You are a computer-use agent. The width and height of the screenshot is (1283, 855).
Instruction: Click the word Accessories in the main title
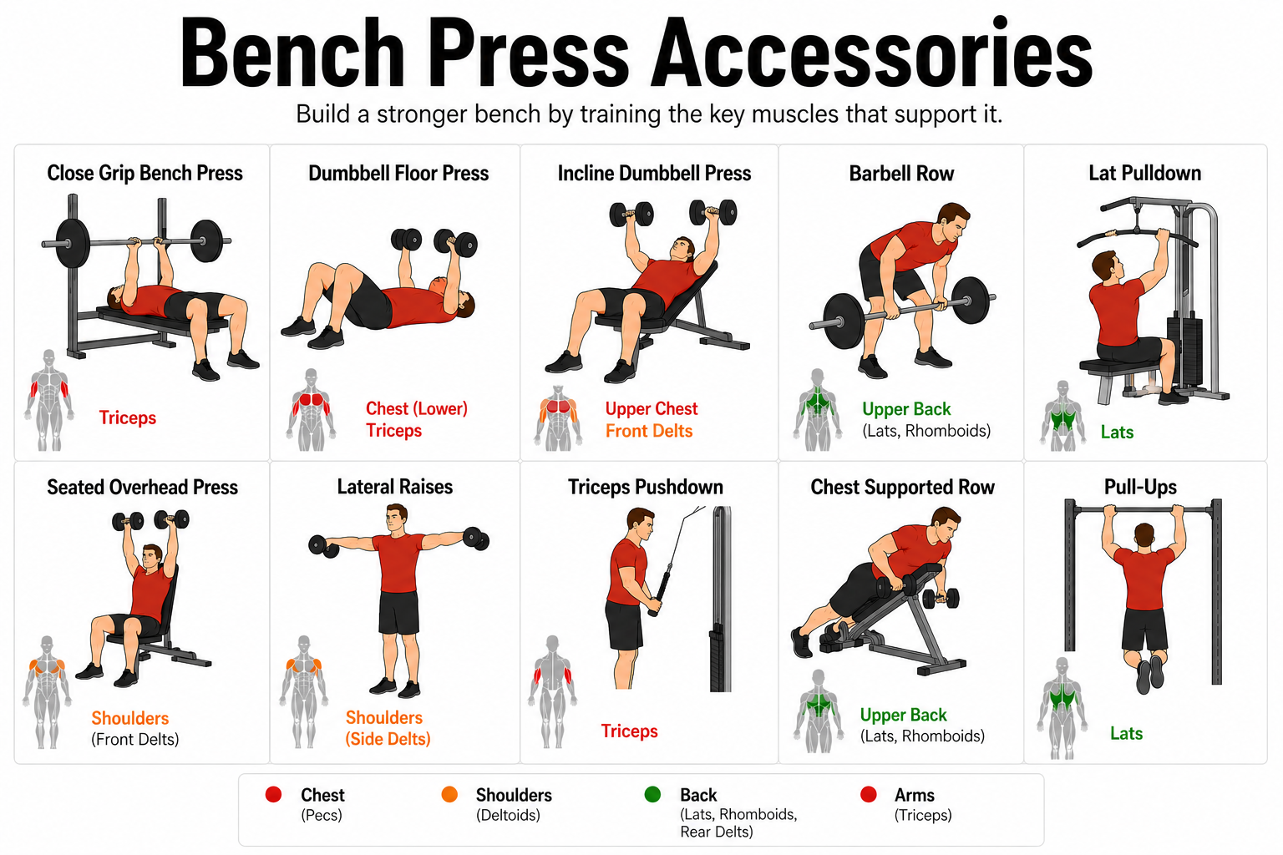(872, 54)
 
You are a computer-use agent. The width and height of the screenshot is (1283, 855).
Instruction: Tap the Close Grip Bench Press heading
(145, 174)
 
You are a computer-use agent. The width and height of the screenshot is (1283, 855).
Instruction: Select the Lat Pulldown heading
(1144, 174)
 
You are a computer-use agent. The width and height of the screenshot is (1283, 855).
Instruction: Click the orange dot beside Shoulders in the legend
(449, 795)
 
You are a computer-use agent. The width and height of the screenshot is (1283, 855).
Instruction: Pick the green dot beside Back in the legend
(652, 795)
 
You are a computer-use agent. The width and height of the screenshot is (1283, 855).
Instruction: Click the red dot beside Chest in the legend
(273, 795)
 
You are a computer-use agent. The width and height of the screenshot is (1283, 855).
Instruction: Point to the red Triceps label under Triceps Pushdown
(629, 731)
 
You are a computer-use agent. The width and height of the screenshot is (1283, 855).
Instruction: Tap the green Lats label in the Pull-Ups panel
(1126, 734)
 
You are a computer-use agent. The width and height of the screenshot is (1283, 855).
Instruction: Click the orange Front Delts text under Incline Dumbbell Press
(649, 431)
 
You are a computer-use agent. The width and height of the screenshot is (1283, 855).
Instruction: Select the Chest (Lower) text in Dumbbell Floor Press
(416, 408)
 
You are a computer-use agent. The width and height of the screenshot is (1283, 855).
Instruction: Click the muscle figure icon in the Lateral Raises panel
(303, 691)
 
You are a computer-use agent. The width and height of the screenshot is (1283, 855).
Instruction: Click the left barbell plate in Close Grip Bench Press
(72, 244)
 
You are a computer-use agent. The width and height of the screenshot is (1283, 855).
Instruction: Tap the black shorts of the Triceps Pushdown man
(624, 624)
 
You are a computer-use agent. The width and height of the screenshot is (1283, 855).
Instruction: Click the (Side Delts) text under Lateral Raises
(388, 739)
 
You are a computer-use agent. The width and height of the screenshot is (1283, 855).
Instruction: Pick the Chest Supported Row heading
(902, 488)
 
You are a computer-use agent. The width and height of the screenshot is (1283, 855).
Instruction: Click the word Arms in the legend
(914, 795)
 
